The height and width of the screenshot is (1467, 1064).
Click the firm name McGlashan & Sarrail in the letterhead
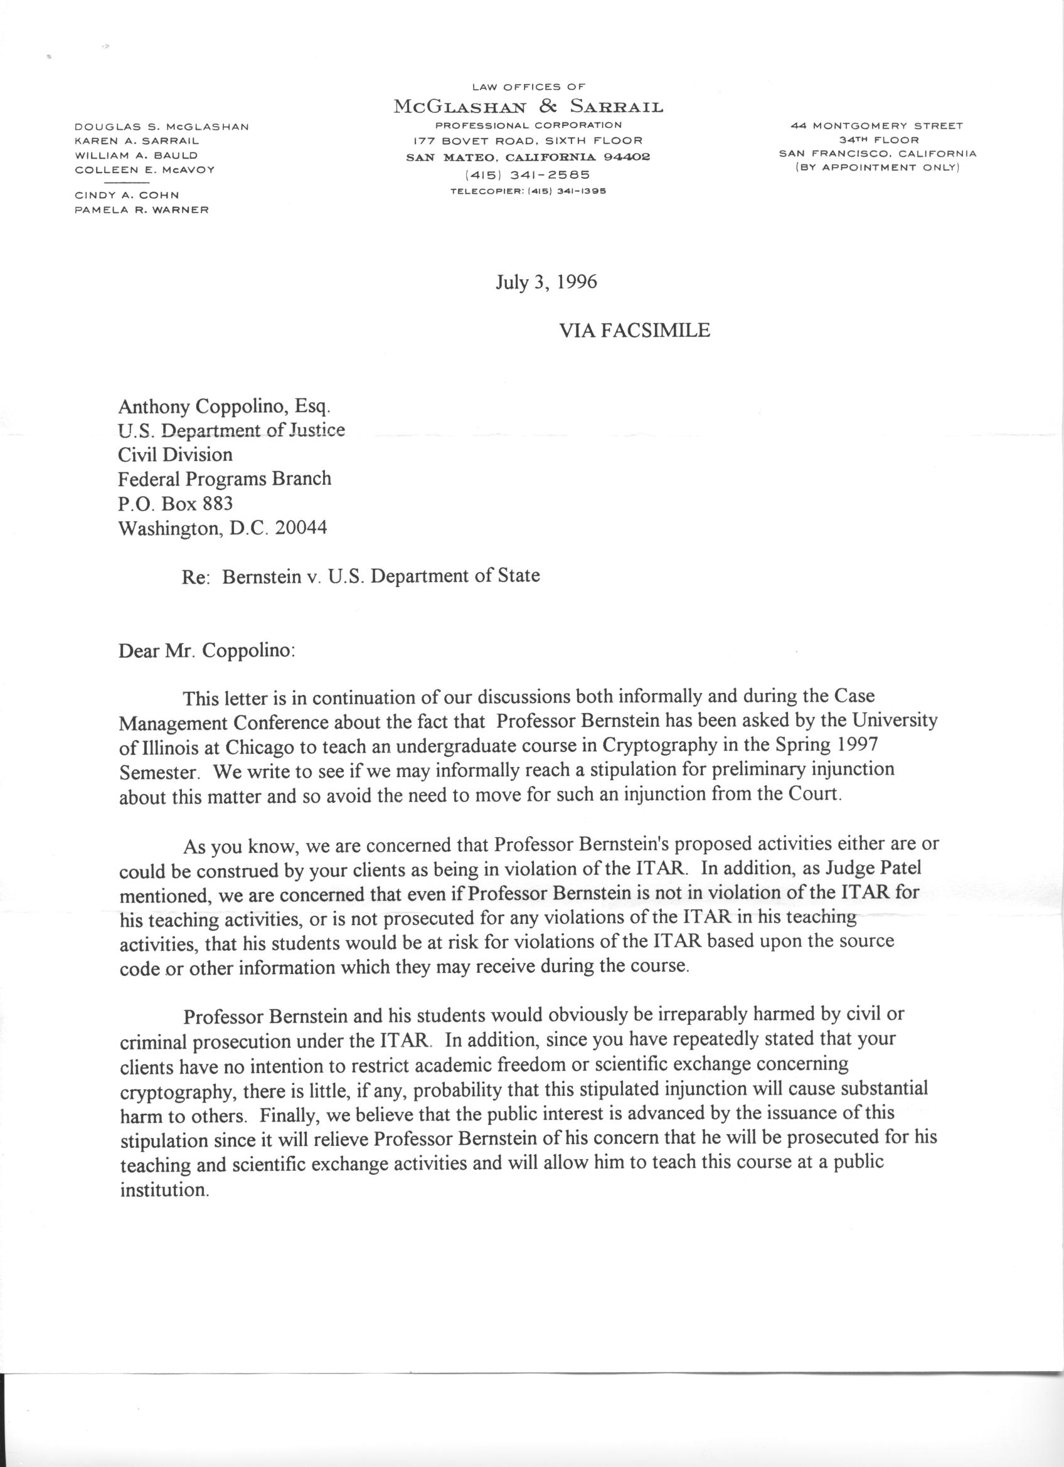coord(528,107)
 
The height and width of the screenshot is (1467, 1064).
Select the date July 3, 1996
coord(546,283)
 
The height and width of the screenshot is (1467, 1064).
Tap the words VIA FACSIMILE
coord(634,331)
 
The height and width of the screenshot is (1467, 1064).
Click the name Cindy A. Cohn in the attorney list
coord(127,194)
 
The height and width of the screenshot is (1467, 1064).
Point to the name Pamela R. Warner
coord(142,209)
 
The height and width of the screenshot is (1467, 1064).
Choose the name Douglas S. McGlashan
coord(162,127)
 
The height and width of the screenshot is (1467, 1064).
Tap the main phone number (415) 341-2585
coord(528,174)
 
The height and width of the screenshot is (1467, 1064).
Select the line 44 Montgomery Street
coord(877,126)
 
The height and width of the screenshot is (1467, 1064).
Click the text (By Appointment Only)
coord(877,167)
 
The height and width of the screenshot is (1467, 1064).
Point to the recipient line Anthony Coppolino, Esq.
coord(225,407)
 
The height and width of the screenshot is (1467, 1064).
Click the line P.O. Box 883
coord(175,503)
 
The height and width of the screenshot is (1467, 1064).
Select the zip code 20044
coord(301,528)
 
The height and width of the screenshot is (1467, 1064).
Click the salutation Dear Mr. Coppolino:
coord(207,650)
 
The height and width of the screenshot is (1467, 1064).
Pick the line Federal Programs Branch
coord(225,479)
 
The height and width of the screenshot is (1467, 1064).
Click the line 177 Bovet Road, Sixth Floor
coord(528,140)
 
